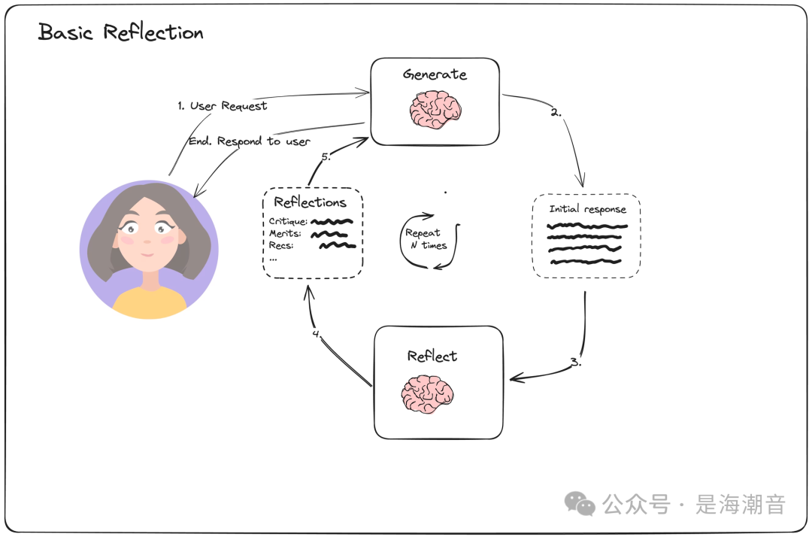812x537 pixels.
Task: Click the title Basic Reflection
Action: pyautogui.click(x=120, y=33)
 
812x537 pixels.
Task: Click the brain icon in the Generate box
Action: pyautogui.click(x=435, y=110)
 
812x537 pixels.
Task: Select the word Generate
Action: pyautogui.click(x=435, y=74)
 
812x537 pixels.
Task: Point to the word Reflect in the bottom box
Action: pyautogui.click(x=432, y=356)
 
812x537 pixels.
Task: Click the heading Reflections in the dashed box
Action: pyautogui.click(x=310, y=202)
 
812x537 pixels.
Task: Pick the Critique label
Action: pyautogui.click(x=288, y=221)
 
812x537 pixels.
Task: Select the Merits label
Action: pyautogui.click(x=285, y=233)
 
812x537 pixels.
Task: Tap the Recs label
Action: pyautogui.click(x=280, y=245)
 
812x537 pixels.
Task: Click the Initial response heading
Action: pyautogui.click(x=586, y=209)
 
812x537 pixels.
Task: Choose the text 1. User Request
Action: pyautogui.click(x=222, y=106)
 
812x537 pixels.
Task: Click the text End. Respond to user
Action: pyautogui.click(x=249, y=141)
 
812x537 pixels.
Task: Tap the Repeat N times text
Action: pyautogui.click(x=426, y=239)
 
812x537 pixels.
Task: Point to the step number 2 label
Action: pyautogui.click(x=556, y=113)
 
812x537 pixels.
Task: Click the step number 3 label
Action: pyautogui.click(x=575, y=362)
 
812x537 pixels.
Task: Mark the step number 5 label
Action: pyautogui.click(x=326, y=158)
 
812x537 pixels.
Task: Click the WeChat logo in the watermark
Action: pyautogui.click(x=580, y=503)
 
